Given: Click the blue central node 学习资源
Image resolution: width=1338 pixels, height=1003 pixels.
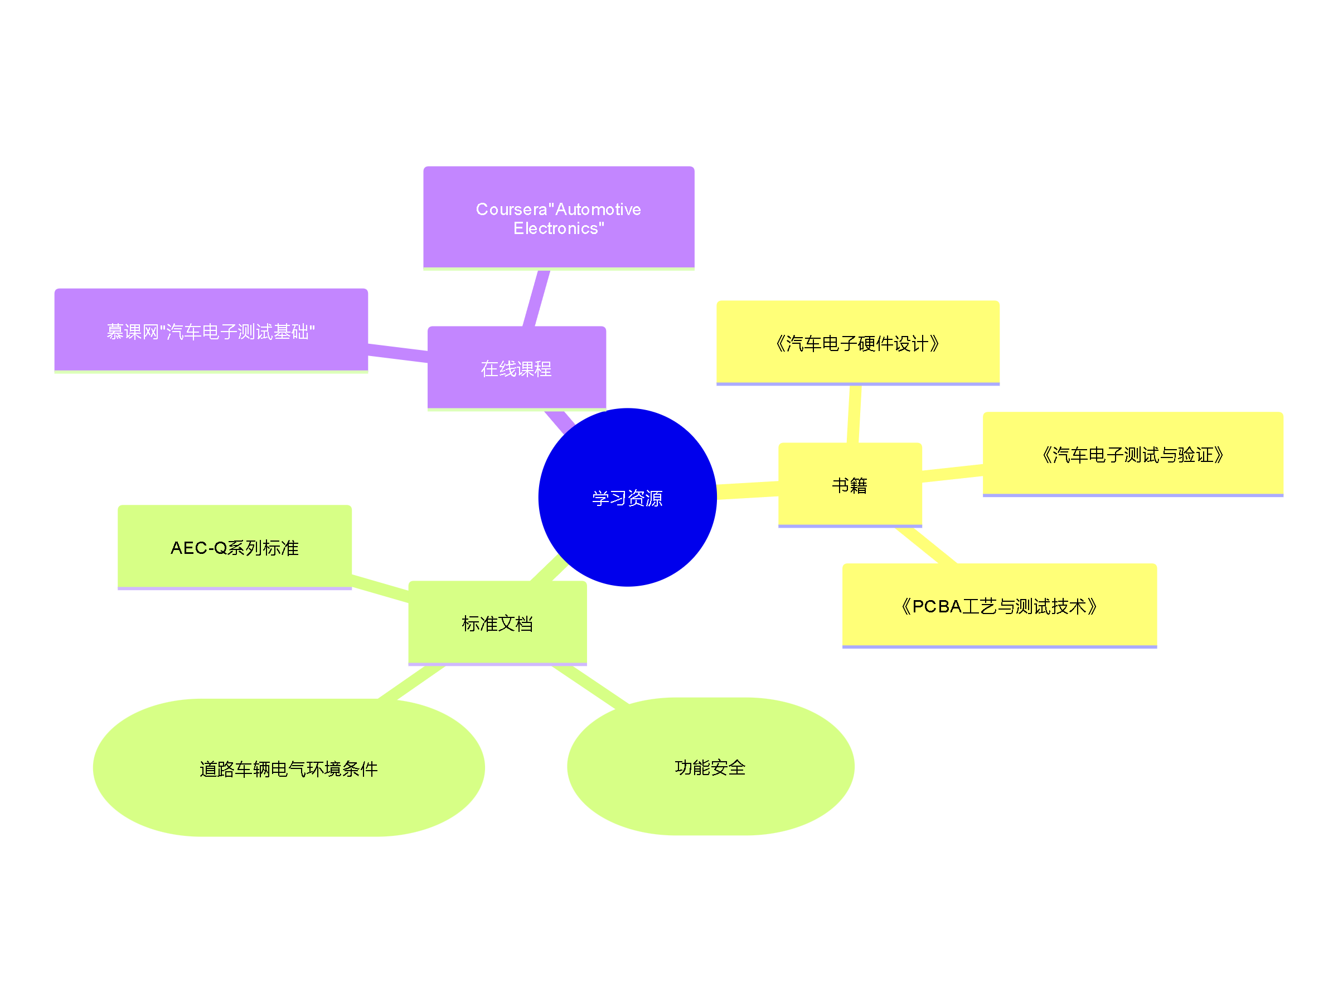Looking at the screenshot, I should [627, 497].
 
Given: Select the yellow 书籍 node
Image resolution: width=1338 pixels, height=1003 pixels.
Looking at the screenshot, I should [849, 484].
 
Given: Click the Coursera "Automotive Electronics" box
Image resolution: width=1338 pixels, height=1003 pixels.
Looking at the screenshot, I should [558, 218].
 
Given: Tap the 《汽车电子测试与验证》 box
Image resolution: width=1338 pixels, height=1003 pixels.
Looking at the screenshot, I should [1132, 454].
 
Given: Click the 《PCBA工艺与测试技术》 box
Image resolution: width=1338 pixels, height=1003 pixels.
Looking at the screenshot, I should [998, 605].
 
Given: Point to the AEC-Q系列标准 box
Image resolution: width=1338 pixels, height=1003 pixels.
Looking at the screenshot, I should [234, 547].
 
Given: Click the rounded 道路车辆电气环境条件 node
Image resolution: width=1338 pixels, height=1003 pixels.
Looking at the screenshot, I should [289, 768].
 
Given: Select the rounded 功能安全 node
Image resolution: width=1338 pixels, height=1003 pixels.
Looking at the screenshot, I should [710, 767].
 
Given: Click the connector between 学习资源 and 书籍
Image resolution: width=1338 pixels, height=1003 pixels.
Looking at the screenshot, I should [748, 490].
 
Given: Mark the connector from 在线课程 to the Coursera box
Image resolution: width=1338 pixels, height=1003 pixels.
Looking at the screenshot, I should [536, 299].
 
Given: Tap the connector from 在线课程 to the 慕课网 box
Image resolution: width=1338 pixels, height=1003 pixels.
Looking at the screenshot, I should [397, 353].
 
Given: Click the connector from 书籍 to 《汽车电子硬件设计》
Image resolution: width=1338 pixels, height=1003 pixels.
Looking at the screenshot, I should [854, 413].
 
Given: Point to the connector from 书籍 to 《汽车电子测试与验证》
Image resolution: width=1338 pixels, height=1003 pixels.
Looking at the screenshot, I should [952, 473].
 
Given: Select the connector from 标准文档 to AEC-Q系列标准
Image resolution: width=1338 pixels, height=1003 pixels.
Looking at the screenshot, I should [380, 588].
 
